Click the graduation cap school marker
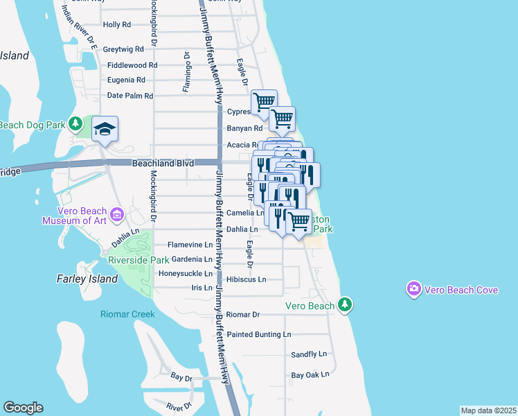click(105, 129)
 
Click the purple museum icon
click(116, 216)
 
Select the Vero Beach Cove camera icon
click(414, 288)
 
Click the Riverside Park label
click(139, 260)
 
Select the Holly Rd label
click(116, 25)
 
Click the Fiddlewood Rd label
click(132, 65)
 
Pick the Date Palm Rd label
click(129, 96)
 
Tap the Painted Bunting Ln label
click(259, 334)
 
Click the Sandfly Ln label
click(308, 354)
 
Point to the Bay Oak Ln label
click(310, 375)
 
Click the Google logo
click(23, 408)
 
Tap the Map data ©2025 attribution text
click(488, 410)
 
